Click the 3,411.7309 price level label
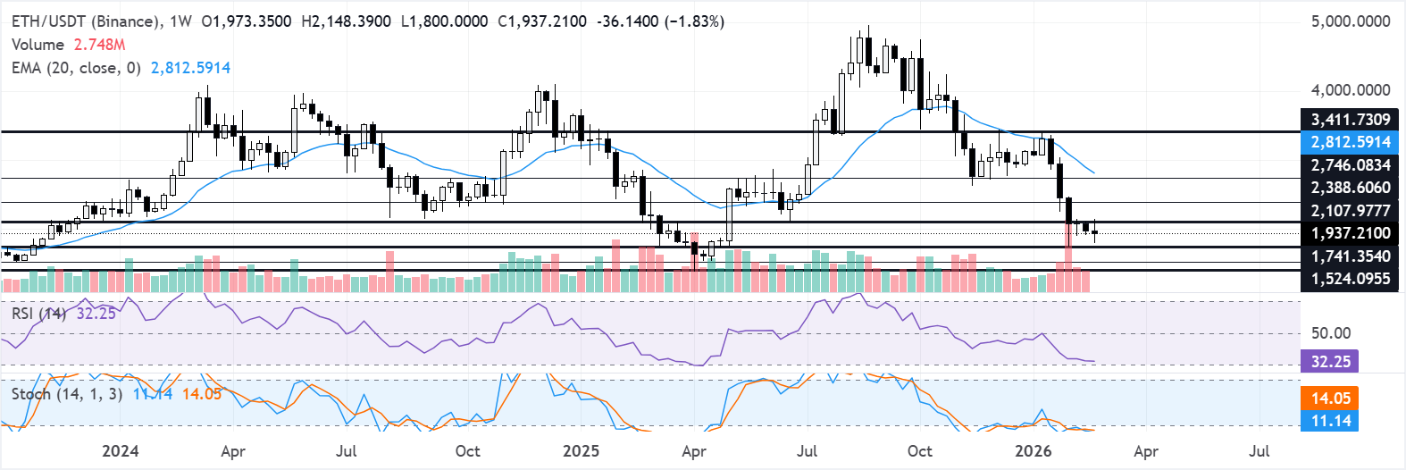(1350, 120)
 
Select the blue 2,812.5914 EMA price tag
(1350, 142)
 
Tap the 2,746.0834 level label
(1350, 165)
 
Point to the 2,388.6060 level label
(1350, 188)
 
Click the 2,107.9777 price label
(1350, 211)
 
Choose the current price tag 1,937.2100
(1350, 233)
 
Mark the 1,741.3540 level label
(1350, 256)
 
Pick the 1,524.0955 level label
(1350, 279)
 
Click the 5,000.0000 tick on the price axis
(1350, 21)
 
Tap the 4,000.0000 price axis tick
(1350, 90)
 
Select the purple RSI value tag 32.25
(1330, 362)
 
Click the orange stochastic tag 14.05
(1330, 399)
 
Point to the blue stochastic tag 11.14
(1330, 421)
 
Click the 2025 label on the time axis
(581, 450)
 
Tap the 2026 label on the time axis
(1033, 450)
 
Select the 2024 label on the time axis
(120, 450)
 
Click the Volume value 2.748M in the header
(99, 45)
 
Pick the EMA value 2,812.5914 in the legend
(190, 68)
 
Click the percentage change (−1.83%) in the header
(694, 21)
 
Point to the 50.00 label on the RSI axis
(1330, 333)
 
